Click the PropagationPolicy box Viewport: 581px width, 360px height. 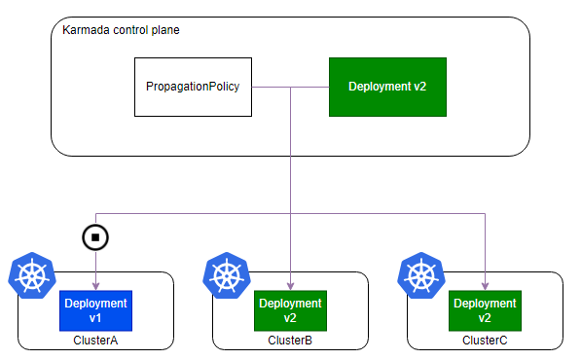(x=193, y=87)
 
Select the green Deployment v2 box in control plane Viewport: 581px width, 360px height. (x=387, y=87)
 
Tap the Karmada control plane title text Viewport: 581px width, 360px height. (x=121, y=30)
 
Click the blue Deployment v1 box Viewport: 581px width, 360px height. (x=95, y=310)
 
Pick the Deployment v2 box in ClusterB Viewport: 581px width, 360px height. (x=290, y=310)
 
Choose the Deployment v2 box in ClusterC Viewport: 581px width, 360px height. (x=485, y=310)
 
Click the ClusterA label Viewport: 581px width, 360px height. (x=95, y=340)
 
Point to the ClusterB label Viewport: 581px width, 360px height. (x=290, y=340)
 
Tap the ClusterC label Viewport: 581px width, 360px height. (x=485, y=340)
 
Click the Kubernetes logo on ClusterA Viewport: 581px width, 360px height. (x=32, y=275)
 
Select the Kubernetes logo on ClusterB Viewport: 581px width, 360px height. (x=227, y=275)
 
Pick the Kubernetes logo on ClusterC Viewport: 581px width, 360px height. (x=421, y=275)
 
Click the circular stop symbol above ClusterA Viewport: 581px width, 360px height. (x=95, y=237)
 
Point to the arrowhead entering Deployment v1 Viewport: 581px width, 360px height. (x=96, y=286)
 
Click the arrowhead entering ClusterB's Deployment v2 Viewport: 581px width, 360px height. (x=290, y=286)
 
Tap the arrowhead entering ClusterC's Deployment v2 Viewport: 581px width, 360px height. (x=485, y=286)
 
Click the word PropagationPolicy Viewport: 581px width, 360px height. (x=193, y=87)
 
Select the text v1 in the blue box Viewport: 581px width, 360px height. (x=95, y=318)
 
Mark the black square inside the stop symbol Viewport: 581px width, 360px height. (x=95, y=237)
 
